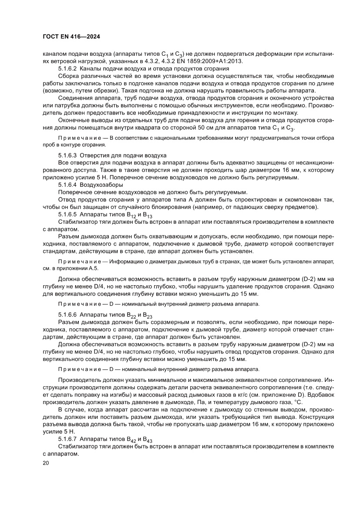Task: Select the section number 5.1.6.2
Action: point(67,69)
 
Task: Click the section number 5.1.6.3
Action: point(67,155)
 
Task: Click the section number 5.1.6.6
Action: point(67,314)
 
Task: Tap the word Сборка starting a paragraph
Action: point(69,76)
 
